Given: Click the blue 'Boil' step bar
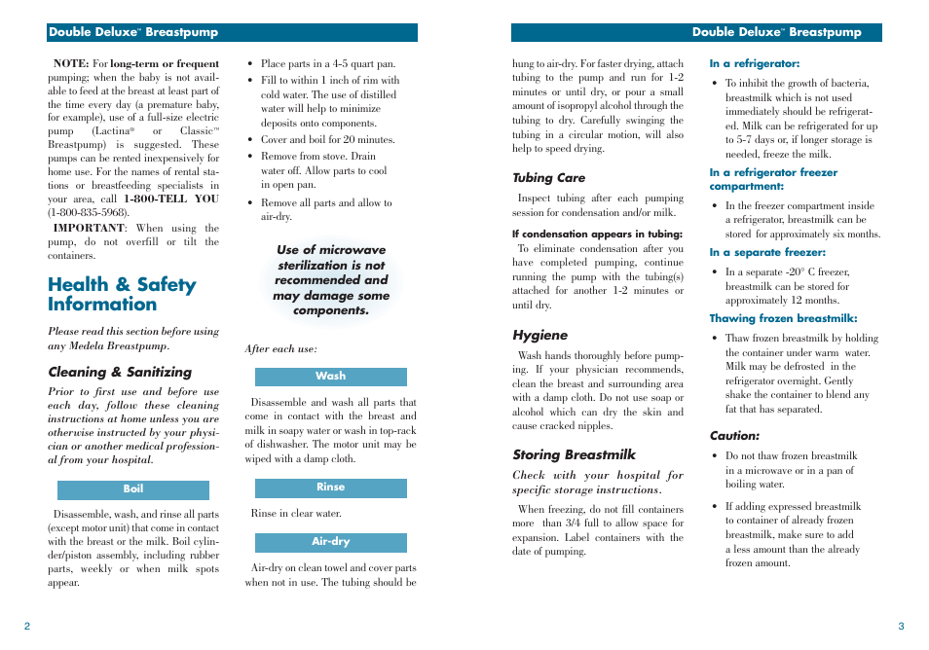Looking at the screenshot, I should (133, 489).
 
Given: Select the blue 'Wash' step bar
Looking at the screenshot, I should (330, 377).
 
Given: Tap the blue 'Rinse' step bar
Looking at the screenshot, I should (330, 487).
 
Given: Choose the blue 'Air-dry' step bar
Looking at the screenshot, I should (330, 542).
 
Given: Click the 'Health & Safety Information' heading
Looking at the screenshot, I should (122, 294).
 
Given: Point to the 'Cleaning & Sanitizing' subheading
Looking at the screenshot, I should (120, 372).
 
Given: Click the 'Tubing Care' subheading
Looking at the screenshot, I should (549, 178).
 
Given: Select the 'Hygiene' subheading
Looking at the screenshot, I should (539, 336).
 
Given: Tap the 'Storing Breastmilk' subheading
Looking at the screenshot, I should (574, 454).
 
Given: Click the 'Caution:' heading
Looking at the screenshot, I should (734, 436).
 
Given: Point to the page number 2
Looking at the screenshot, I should (27, 626).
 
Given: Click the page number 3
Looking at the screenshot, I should (901, 626).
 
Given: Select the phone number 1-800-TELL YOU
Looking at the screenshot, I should (171, 199).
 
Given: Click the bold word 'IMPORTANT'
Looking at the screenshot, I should (88, 229).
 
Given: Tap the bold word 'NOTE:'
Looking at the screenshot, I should (70, 64).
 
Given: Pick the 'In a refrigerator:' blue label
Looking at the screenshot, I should (755, 64).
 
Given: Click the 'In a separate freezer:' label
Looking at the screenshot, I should (766, 253).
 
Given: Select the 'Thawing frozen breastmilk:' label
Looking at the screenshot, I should (783, 318).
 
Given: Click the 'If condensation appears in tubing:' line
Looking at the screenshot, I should (597, 234).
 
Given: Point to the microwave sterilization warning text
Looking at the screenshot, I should (331, 280).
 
